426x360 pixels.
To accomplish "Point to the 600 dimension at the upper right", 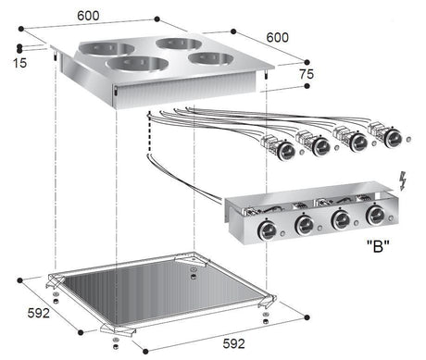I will pos(277,37).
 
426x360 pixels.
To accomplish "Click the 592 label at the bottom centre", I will pos(233,344).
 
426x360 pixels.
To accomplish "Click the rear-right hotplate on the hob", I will pos(178,43).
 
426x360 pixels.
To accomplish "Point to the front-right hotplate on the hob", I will pos(211,58).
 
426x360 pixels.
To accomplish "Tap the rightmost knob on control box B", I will pos(375,216).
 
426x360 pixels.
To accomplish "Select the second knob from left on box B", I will pos(304,226).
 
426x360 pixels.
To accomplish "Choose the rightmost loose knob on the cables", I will pos(393,138).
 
